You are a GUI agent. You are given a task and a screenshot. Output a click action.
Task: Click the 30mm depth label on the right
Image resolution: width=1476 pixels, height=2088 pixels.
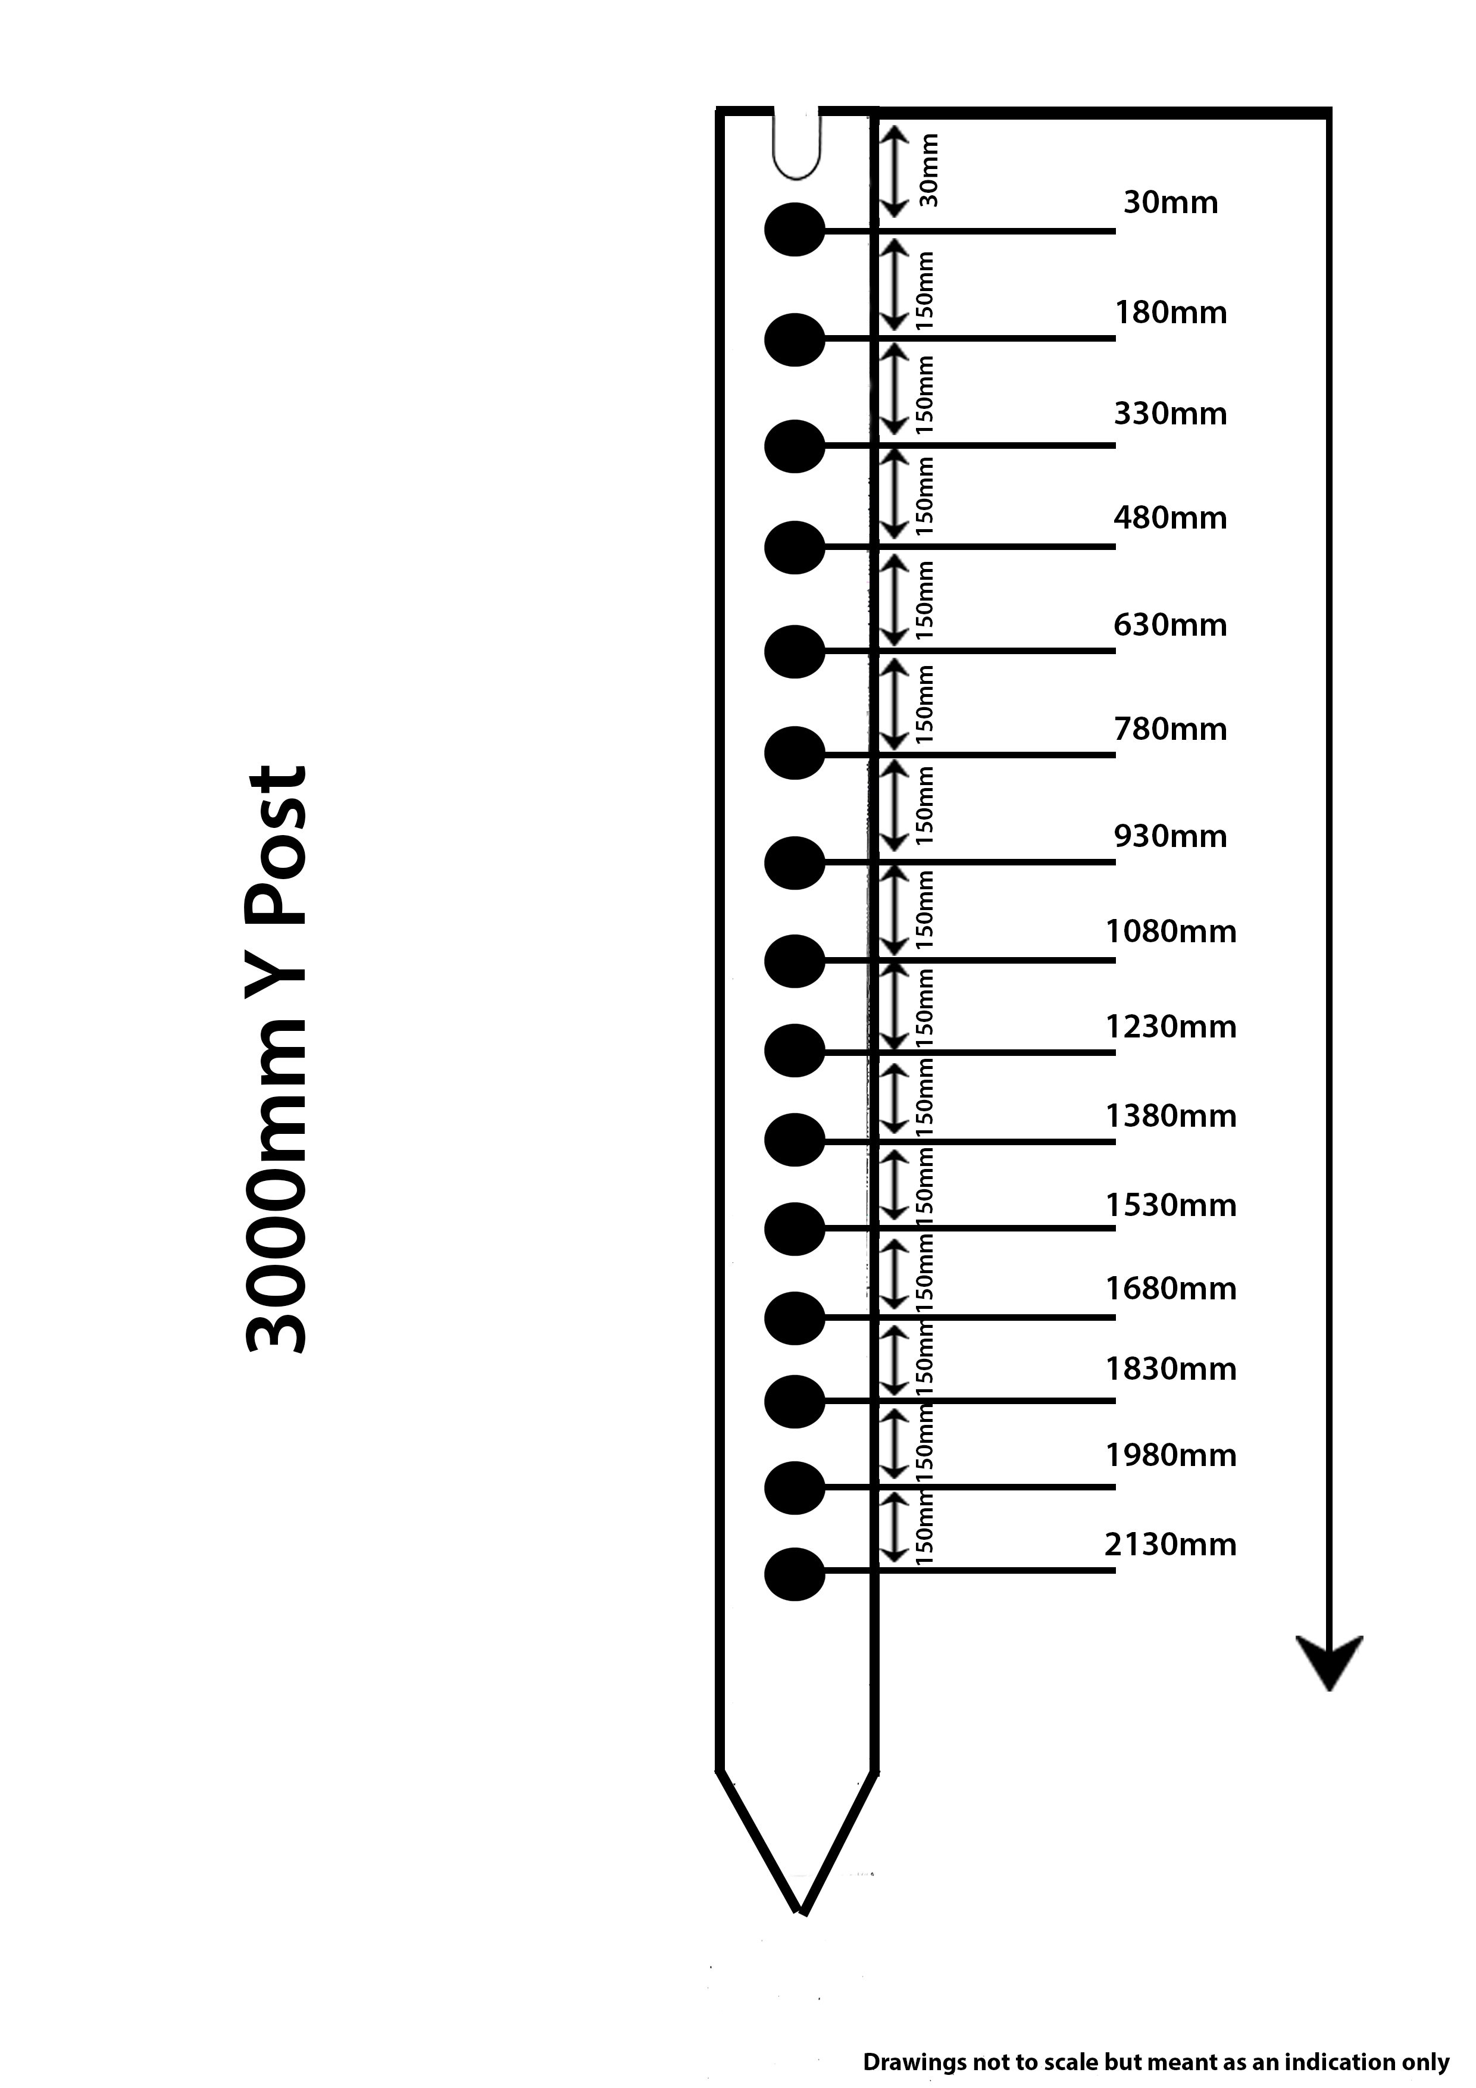pos(1171,202)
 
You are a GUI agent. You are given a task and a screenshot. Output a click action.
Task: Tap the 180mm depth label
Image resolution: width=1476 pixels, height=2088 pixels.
pos(1171,313)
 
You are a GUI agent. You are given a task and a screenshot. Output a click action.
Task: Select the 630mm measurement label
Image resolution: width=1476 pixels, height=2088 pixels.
pos(1171,625)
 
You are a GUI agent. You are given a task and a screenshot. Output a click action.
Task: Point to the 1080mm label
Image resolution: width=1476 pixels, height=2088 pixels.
pos(1171,932)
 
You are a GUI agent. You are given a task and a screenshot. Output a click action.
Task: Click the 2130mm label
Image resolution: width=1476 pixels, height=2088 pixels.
pos(1171,1544)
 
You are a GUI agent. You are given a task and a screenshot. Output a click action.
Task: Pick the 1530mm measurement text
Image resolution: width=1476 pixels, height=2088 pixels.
pos(1171,1205)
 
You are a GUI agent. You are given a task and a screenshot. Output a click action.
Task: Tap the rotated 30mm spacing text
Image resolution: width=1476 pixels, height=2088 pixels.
pos(928,170)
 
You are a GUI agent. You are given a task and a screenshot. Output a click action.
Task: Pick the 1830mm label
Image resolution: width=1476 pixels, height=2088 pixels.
pos(1171,1368)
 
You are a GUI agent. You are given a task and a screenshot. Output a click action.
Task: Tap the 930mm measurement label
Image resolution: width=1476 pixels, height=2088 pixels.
pos(1171,836)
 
